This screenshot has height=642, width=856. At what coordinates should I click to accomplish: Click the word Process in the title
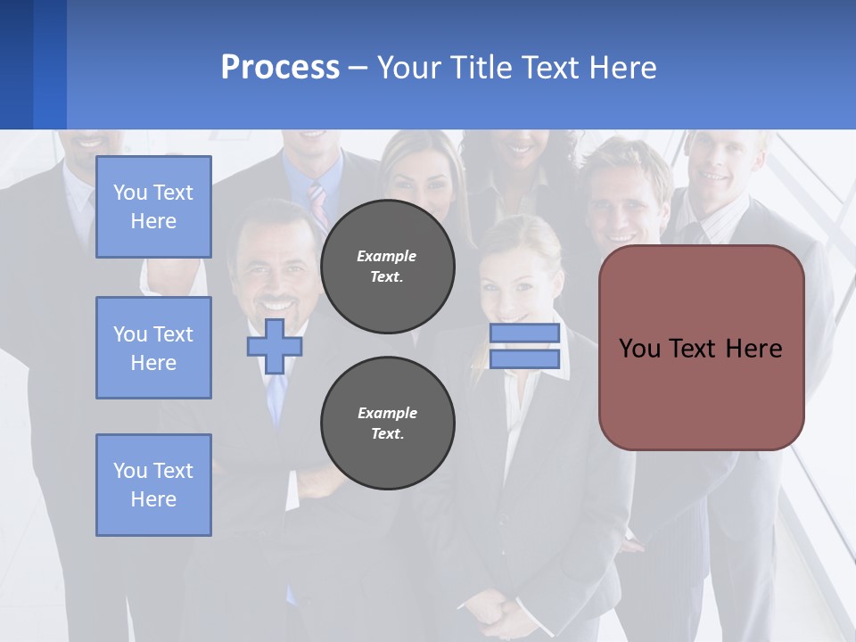(x=280, y=68)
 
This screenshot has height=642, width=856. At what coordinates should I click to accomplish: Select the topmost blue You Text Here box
(x=153, y=207)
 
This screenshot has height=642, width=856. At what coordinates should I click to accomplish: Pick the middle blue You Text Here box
(x=153, y=348)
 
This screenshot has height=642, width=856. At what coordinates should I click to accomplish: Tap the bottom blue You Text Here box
(x=153, y=485)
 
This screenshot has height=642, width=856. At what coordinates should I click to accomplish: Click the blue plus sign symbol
(x=274, y=346)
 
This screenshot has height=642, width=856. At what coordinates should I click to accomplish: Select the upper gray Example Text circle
(x=387, y=267)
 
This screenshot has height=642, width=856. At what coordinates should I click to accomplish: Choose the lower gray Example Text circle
(x=387, y=424)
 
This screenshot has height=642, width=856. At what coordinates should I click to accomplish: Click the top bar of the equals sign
(x=524, y=333)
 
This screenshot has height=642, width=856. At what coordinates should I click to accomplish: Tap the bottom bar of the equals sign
(x=524, y=359)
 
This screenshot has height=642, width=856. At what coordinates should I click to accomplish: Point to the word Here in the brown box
(x=754, y=349)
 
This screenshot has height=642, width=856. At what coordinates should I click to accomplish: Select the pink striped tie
(x=318, y=203)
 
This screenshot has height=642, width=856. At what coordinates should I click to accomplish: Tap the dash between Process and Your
(x=358, y=68)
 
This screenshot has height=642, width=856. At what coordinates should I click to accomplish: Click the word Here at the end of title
(x=623, y=68)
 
